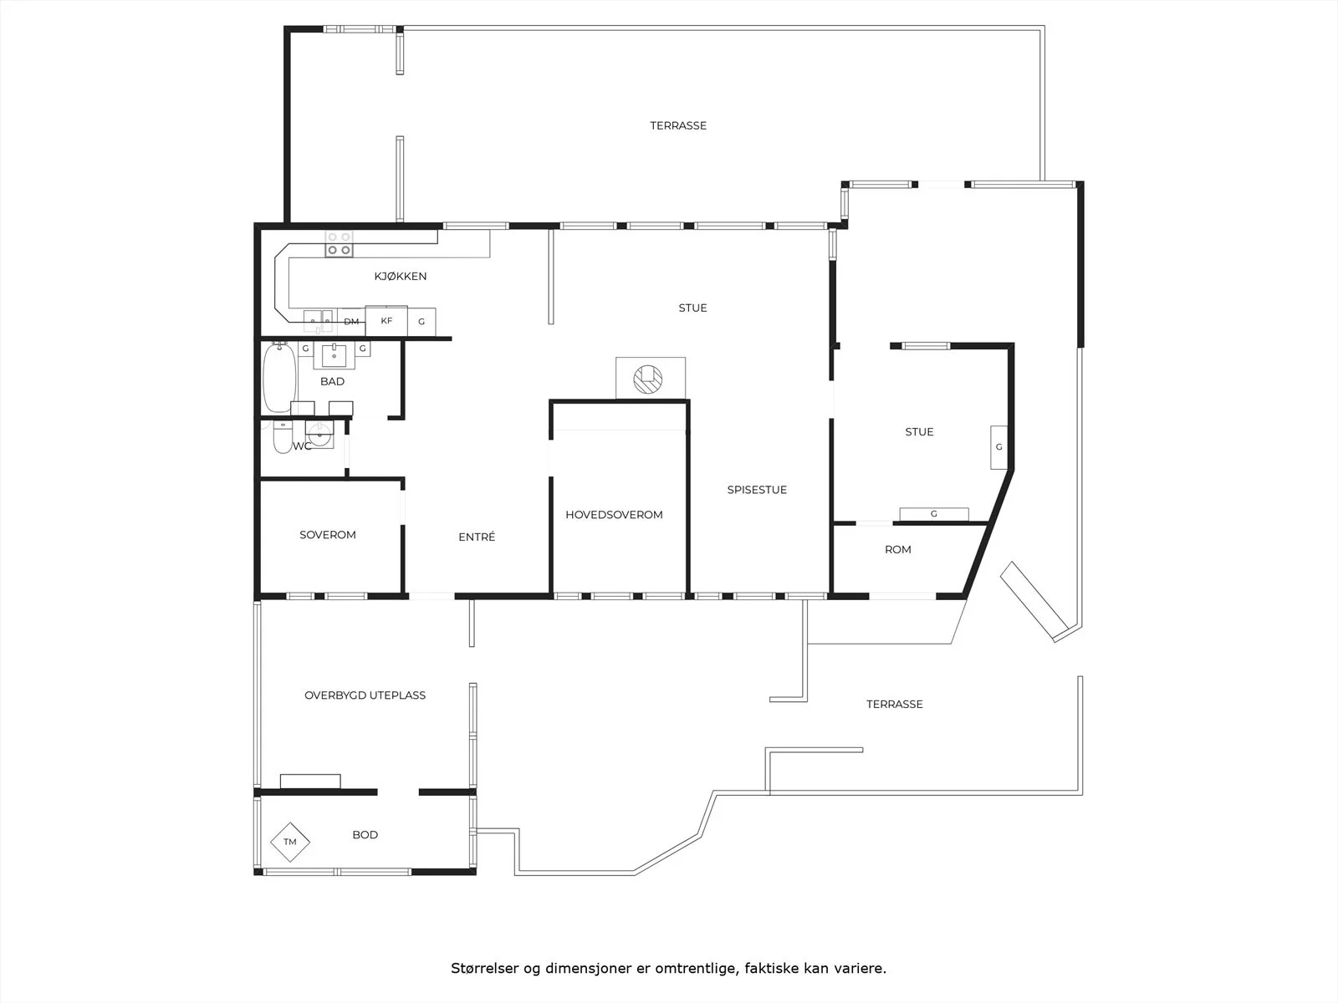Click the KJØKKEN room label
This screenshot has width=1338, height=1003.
401,277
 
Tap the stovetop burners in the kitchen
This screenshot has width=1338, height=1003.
339,243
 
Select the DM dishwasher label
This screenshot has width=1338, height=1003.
352,322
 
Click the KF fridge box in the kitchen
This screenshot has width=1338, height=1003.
386,320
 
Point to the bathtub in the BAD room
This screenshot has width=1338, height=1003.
279,378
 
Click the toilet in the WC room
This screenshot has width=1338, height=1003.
282,436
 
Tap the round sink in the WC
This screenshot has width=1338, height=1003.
319,435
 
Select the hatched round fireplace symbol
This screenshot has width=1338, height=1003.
648,379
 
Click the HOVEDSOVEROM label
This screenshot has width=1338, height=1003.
614,515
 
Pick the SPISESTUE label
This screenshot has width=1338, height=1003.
757,490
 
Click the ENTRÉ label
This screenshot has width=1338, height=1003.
477,537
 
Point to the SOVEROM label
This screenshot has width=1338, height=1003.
327,535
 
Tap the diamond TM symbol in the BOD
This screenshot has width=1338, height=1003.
290,842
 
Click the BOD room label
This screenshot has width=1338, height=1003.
365,835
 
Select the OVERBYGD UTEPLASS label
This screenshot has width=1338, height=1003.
365,695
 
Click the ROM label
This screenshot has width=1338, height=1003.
898,549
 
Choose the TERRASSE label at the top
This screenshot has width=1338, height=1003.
678,125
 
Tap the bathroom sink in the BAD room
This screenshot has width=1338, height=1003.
334,355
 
